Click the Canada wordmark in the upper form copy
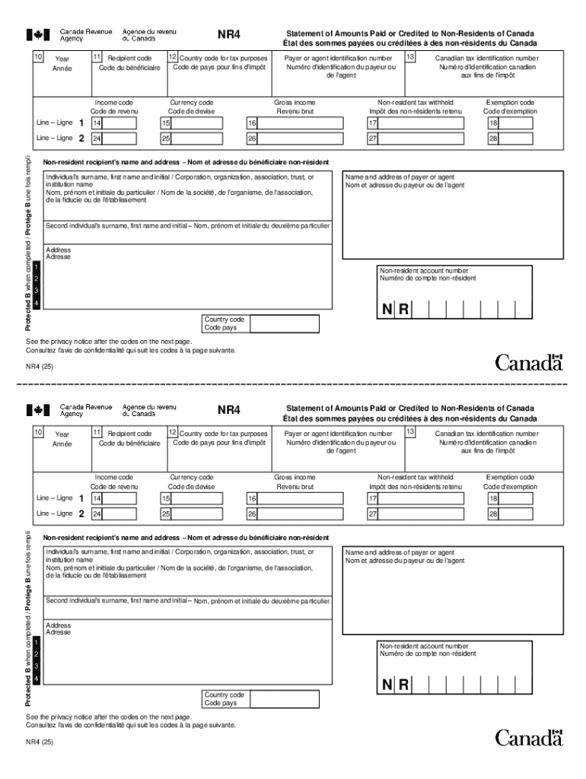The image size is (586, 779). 529,363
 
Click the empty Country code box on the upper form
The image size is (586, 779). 285,323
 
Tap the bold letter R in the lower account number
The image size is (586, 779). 403,685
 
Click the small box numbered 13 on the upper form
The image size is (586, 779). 411,57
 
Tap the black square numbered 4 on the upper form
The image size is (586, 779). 36,304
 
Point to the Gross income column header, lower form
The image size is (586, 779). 295,482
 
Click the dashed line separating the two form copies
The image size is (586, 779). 293,385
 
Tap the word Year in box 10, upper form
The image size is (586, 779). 62,59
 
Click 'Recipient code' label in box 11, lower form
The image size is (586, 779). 129,434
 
